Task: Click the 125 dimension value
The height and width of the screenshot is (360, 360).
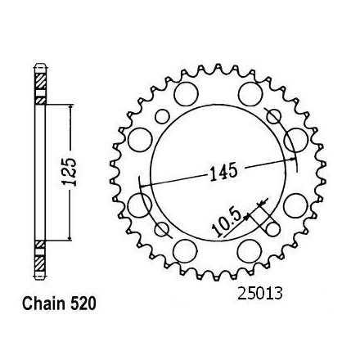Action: pyautogui.click(x=70, y=172)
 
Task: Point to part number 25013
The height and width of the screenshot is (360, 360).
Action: pyautogui.click(x=260, y=294)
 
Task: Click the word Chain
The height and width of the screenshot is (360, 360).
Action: pyautogui.click(x=43, y=304)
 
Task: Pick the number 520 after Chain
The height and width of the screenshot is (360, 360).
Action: pyautogui.click(x=83, y=304)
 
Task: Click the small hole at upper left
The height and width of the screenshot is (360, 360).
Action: pyautogui.click(x=163, y=116)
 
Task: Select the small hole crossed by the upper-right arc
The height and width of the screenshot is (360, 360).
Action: pyautogui.click(x=273, y=116)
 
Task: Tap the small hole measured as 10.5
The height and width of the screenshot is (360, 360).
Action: pyautogui.click(x=272, y=229)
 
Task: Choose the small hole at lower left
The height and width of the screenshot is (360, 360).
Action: pyautogui.click(x=161, y=229)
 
